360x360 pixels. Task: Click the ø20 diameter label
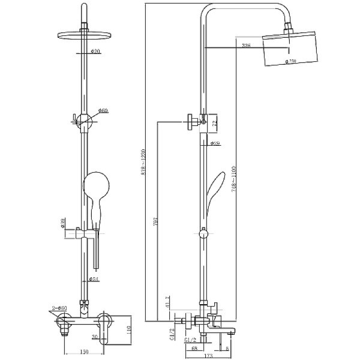[x=96, y=52]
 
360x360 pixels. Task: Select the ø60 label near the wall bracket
[x=103, y=111]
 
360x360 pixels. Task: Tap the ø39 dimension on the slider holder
[x=63, y=223]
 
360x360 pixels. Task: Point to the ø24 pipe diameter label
[x=94, y=279]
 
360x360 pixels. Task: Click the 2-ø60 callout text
[x=60, y=308]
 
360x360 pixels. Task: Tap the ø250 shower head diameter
[x=292, y=61]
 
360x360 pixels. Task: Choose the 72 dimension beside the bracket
[x=215, y=123]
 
